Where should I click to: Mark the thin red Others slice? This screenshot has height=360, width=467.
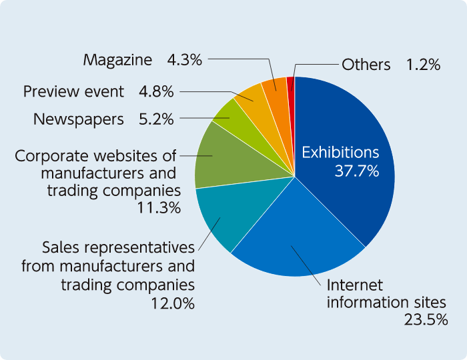[x=290, y=83]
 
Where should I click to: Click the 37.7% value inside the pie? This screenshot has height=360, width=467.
[x=356, y=171]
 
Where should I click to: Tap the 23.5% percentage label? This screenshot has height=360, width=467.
[x=425, y=320]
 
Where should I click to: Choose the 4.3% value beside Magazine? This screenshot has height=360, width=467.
[x=184, y=60]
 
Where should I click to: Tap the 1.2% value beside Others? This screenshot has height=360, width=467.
[x=423, y=65]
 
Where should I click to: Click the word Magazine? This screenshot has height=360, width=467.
[x=117, y=60]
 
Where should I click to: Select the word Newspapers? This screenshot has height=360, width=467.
[x=79, y=119]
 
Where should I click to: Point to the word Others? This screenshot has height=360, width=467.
[x=366, y=65]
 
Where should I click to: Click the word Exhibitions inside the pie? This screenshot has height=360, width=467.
[x=340, y=153]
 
